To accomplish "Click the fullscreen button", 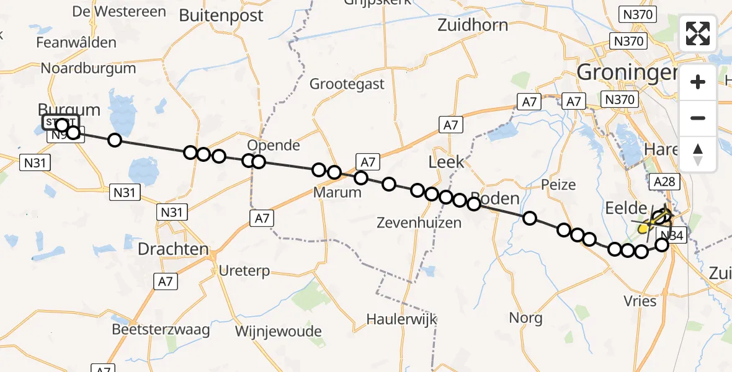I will (698, 33).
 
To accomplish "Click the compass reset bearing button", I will (698, 154).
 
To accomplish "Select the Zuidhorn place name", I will (472, 25).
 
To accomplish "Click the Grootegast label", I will (347, 84).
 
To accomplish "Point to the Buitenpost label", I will (221, 15).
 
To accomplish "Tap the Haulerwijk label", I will (401, 319).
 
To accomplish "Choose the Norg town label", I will (525, 318).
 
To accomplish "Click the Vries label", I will (640, 301).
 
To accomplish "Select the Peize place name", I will (558, 184).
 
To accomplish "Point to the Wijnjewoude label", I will (278, 331).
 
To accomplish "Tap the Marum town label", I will (337, 192).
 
